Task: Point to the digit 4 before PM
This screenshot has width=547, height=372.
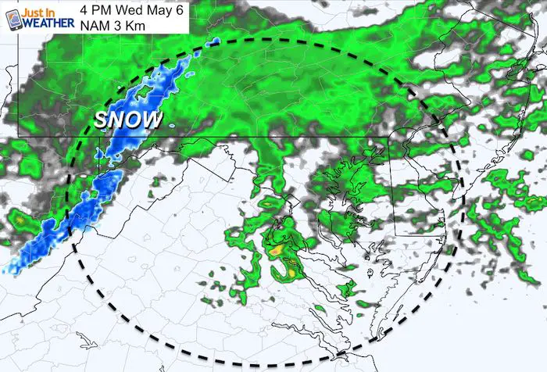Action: pos(85,9)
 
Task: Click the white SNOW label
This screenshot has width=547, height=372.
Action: pos(129,120)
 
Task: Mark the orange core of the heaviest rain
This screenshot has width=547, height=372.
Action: pos(277,252)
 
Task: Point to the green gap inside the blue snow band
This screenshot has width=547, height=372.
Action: pos(144,91)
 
